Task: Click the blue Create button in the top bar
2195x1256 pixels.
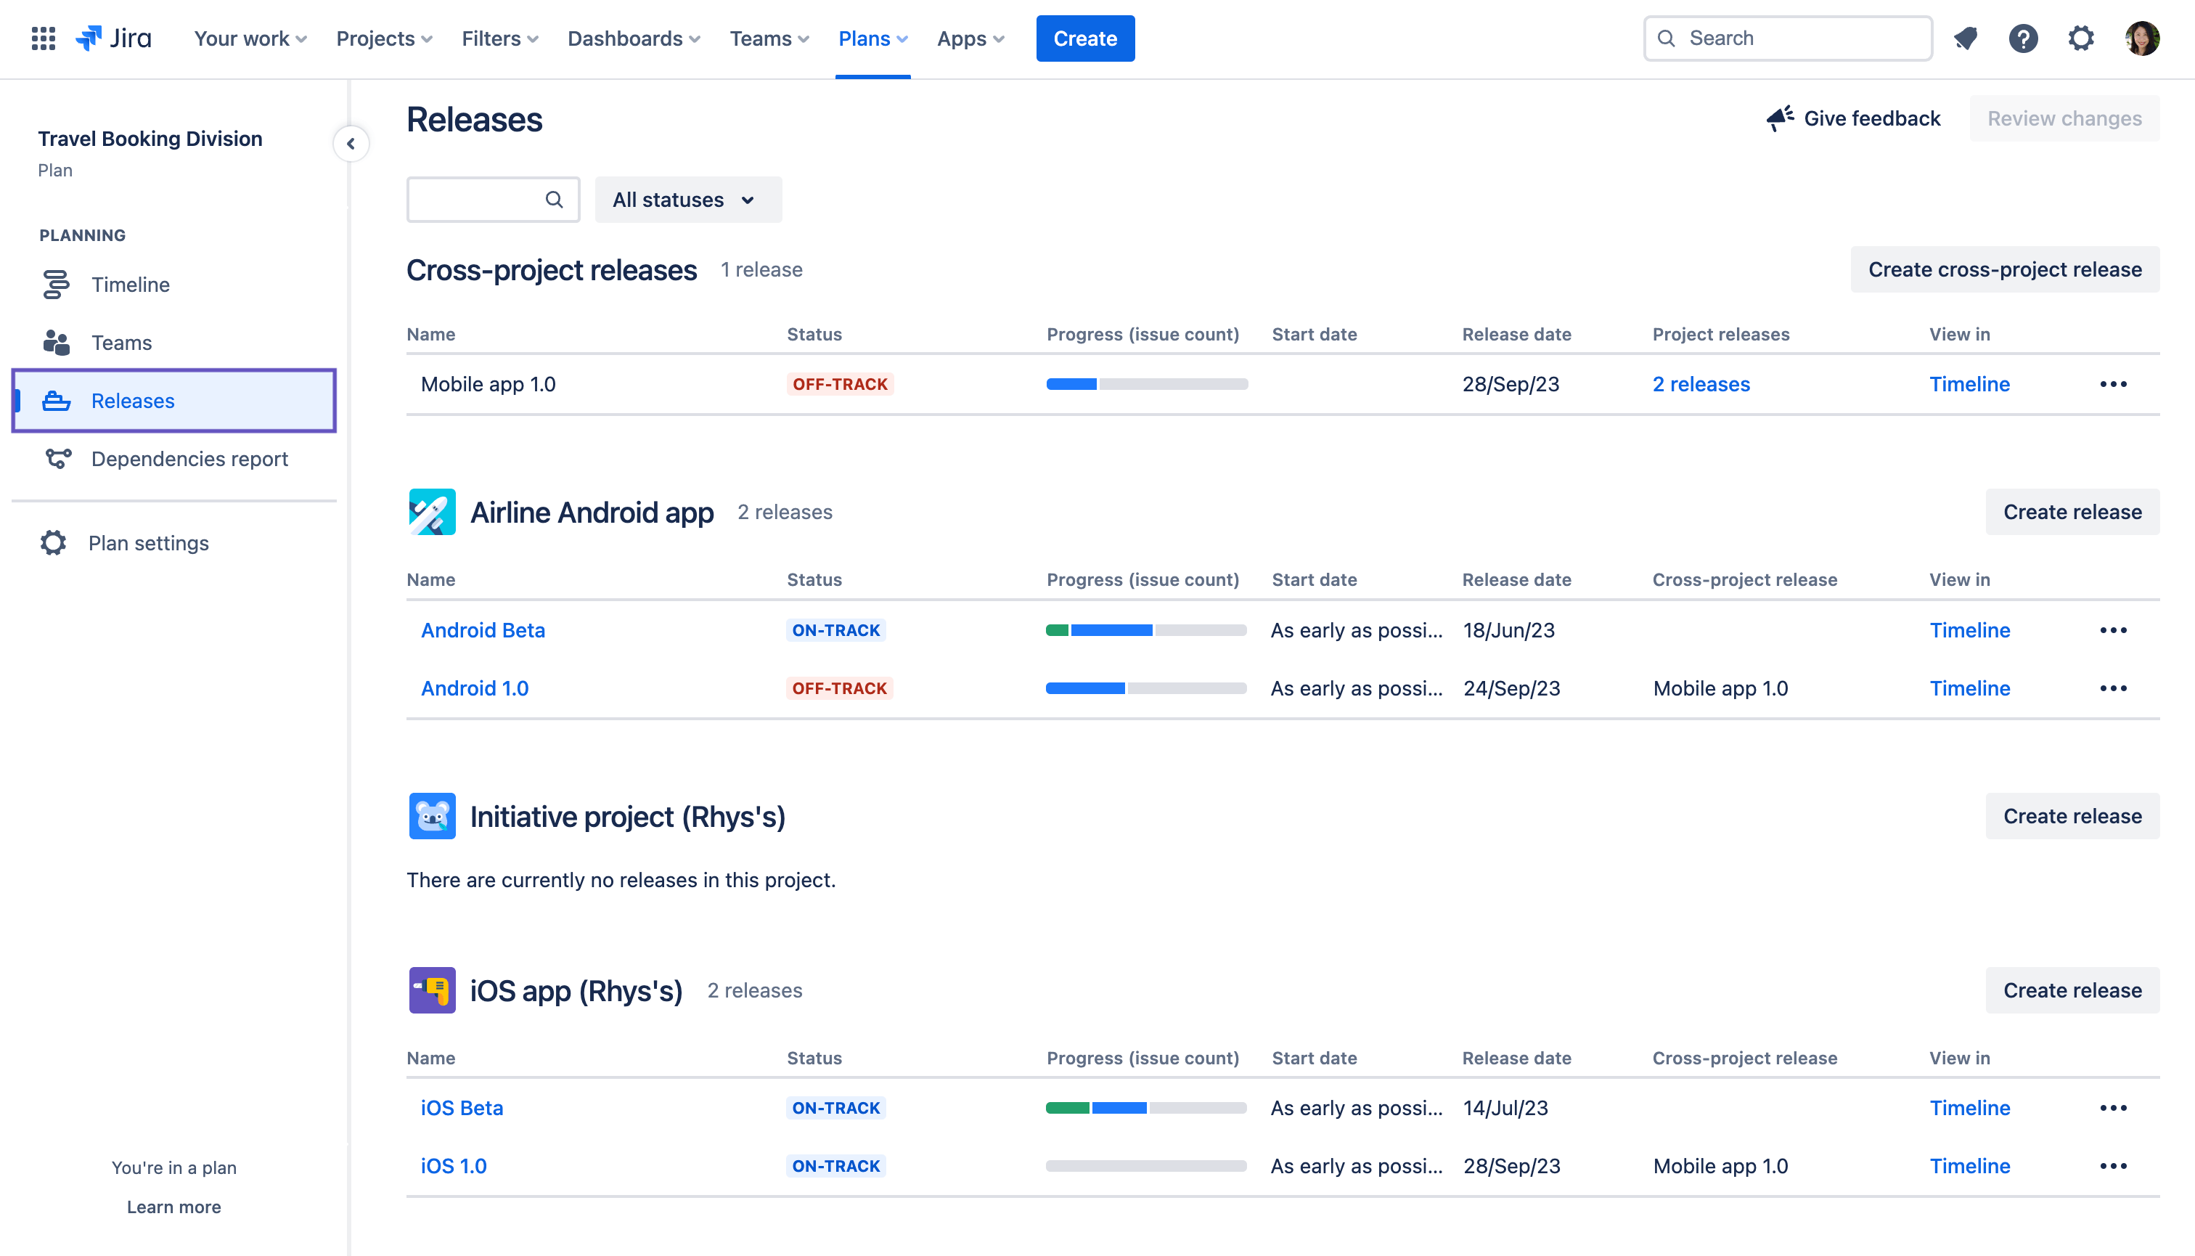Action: [1084, 38]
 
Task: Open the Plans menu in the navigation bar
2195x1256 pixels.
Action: [872, 38]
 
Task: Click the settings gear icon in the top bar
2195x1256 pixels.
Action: [2080, 38]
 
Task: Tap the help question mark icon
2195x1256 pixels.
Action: [2022, 38]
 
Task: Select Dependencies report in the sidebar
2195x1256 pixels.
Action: [189, 459]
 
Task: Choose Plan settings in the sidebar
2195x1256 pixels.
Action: [148, 542]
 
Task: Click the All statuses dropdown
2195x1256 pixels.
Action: [687, 200]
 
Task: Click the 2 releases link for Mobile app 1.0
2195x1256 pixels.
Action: [1701, 385]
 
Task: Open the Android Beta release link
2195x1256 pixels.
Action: [483, 631]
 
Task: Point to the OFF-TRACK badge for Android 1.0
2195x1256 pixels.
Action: [839, 688]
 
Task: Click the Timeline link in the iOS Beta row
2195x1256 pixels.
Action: [1969, 1109]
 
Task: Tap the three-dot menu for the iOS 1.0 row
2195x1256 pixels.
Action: [2112, 1166]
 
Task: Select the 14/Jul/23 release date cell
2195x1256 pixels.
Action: [1505, 1109]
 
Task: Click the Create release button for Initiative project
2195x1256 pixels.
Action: [2072, 816]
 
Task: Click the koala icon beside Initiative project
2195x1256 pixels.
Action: [432, 816]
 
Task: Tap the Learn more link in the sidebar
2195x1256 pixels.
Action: [173, 1207]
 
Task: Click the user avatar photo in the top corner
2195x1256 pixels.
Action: [2141, 38]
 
